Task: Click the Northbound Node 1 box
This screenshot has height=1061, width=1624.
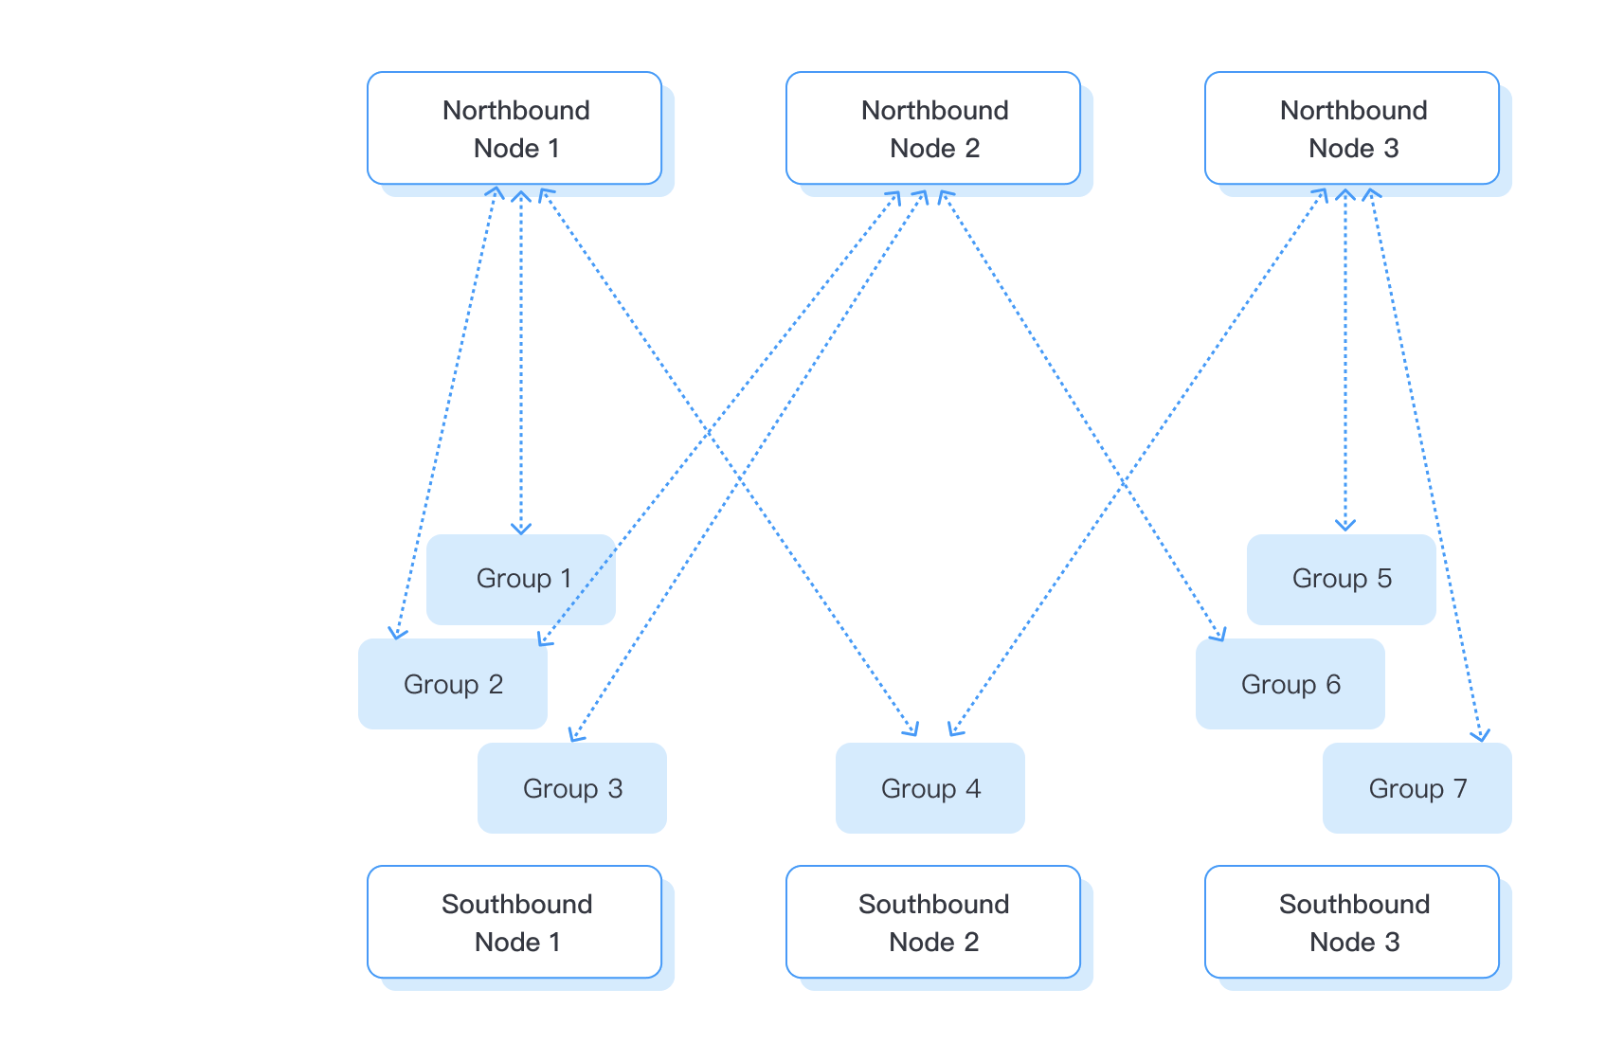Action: pos(514,128)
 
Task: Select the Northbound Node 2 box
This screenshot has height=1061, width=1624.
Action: pos(933,128)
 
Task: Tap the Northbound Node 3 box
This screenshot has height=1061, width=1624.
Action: pos(1352,128)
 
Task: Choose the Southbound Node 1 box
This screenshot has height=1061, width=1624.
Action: pos(514,922)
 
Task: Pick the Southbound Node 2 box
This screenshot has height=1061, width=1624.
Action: pos(933,922)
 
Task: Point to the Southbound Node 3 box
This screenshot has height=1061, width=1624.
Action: pos(1352,922)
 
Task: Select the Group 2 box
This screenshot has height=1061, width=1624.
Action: pos(453,684)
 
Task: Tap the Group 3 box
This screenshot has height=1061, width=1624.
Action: pos(572,788)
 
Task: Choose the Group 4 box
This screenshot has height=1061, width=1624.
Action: pos(930,788)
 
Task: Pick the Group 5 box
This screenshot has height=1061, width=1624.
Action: pos(1342,579)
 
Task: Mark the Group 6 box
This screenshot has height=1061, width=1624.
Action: pos(1290,684)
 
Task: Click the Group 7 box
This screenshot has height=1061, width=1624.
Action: pos(1417,788)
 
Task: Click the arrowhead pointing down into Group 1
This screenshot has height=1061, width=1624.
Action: pos(521,529)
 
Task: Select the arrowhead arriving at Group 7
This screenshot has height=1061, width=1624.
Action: pos(1481,736)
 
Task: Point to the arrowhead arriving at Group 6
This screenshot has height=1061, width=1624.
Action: pos(1220,635)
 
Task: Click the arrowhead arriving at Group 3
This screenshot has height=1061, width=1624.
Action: pos(575,735)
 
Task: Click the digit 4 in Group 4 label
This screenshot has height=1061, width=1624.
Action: pos(973,788)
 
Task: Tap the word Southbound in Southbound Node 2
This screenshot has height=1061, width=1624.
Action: pos(933,904)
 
